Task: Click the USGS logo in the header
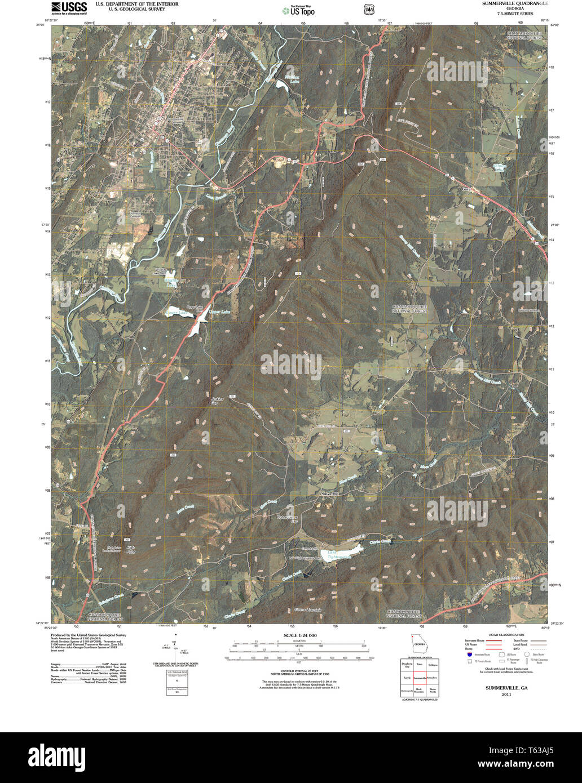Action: coord(69,8)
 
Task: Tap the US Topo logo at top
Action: coord(299,10)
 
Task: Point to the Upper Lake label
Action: coord(219,312)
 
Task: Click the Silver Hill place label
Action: coord(330,494)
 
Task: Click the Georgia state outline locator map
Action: coord(418,644)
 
